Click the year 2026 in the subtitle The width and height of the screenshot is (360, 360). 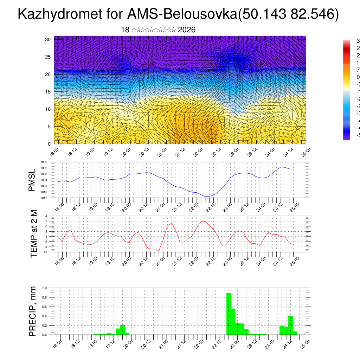pos(187,30)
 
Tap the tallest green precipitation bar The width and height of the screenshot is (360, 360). pos(229,313)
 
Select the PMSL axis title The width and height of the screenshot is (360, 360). pos(32,180)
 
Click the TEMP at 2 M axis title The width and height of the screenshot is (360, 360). pos(34,234)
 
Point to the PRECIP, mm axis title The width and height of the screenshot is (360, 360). pos(33,311)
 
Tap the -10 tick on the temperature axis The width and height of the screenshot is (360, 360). pos(45,252)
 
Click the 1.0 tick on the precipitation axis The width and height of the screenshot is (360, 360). pos(45,288)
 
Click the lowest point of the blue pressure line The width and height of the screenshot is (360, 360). pos(207,197)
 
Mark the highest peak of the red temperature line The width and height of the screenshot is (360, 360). pos(205,221)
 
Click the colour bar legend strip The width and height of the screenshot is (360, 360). pos(347,90)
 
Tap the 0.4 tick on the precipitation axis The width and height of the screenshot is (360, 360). pos(45,316)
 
